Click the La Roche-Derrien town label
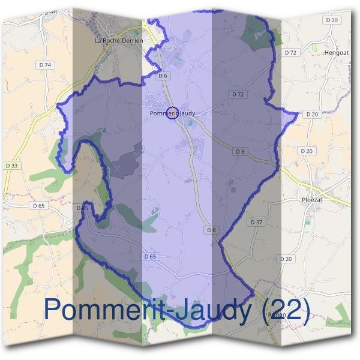[119, 40]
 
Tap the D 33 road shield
[11, 166]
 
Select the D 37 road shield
[256, 222]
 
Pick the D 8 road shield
[211, 230]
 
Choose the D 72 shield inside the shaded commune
[238, 94]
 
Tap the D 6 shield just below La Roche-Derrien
[163, 76]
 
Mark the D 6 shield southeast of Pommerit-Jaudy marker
[241, 152]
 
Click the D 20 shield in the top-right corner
[332, 20]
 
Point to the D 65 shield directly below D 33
[38, 205]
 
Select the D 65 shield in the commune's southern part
[150, 256]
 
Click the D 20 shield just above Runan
[286, 259]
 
